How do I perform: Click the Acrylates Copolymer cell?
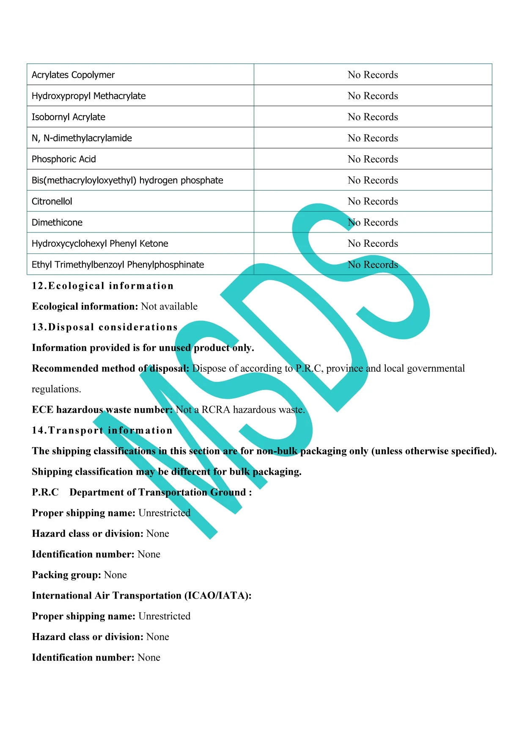73,75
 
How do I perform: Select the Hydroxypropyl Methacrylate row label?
88,96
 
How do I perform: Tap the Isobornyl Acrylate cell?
69,117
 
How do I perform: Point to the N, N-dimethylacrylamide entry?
82,138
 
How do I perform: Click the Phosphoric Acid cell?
64,159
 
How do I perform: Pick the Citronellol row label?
52,202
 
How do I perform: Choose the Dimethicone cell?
57,223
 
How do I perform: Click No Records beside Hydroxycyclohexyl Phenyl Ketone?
373,243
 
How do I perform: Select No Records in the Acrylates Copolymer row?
373,75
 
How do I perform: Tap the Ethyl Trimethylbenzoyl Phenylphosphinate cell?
118,265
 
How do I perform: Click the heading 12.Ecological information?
103,286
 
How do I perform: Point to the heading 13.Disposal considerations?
105,327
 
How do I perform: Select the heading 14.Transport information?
102,431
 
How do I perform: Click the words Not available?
169,307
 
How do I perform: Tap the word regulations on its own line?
56,389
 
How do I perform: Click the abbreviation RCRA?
216,410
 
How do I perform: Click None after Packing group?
115,575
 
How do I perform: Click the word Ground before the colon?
228,492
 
